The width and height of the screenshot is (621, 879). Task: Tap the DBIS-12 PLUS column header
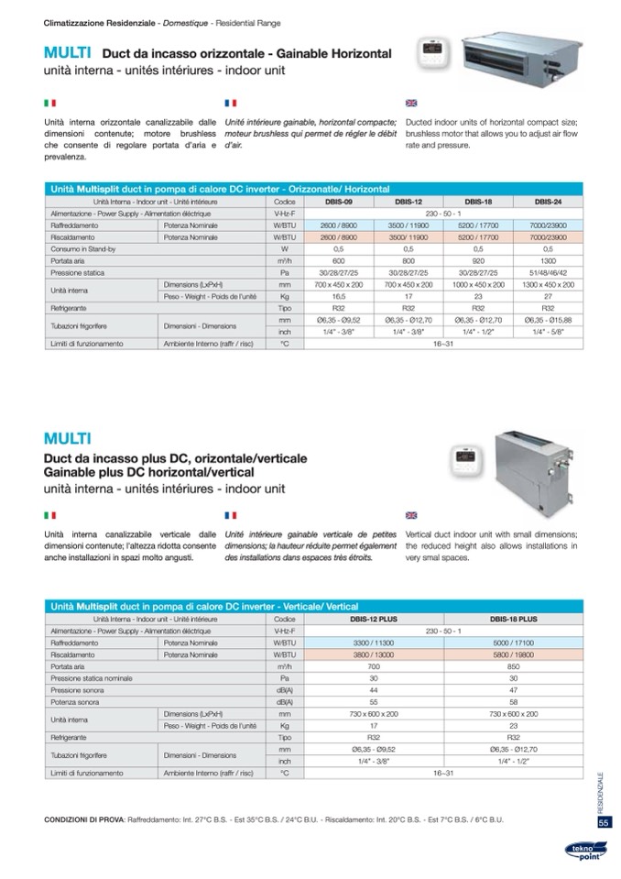click(x=373, y=620)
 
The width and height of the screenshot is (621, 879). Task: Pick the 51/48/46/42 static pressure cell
click(x=548, y=272)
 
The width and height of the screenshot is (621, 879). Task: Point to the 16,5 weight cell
click(x=337, y=297)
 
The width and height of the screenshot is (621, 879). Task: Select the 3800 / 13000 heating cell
click(x=373, y=656)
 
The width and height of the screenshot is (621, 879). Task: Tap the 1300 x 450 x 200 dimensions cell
click(x=548, y=285)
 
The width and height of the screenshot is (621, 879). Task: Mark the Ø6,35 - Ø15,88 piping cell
click(x=548, y=321)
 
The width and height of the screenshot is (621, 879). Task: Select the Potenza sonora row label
click(x=74, y=700)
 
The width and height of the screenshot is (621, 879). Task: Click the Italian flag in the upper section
click(x=49, y=104)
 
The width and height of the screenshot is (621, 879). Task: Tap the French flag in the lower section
click(x=230, y=516)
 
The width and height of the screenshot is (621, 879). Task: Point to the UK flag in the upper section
click(x=410, y=104)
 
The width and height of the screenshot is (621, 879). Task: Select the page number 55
click(x=604, y=822)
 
